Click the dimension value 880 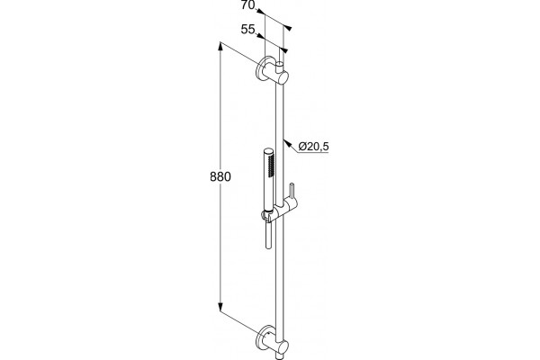tap(220, 176)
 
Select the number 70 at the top tap(248, 4)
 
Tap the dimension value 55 tap(247, 30)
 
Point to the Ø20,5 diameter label tap(314, 147)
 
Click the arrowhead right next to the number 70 tap(261, 12)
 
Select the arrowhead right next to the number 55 tap(261, 36)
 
